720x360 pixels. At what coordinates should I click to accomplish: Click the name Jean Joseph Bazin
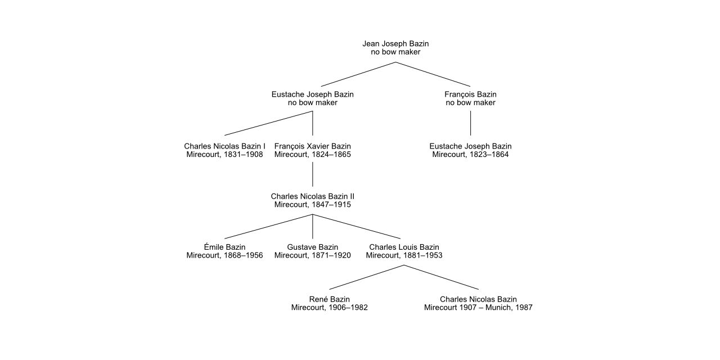[x=395, y=43]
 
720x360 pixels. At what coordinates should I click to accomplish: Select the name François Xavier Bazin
[x=312, y=146]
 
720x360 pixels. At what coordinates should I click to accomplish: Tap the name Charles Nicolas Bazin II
[x=312, y=196]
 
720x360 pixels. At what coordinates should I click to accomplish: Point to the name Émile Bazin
[x=224, y=247]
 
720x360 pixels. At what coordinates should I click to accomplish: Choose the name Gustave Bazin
[x=312, y=247]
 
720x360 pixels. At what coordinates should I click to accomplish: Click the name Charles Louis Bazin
[x=404, y=247]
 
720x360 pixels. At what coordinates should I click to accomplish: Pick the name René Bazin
[x=330, y=299]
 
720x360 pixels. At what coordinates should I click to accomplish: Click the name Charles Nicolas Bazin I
[x=224, y=146]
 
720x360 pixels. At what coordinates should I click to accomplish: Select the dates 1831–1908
[x=244, y=155]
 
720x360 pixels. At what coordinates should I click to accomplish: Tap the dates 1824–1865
[x=331, y=155]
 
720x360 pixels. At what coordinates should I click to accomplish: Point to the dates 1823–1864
[x=489, y=155]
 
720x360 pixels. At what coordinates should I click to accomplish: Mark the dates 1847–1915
[x=331, y=205]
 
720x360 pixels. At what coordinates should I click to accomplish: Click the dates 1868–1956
[x=244, y=255]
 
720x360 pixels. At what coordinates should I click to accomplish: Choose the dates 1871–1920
[x=331, y=255]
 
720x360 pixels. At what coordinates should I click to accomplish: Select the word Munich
[x=498, y=308]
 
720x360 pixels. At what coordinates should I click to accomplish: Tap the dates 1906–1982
[x=348, y=308]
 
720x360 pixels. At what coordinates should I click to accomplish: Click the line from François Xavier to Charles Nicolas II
[x=312, y=174]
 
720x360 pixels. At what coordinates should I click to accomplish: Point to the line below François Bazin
[x=471, y=123]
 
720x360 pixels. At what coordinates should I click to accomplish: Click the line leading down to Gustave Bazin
[x=312, y=227]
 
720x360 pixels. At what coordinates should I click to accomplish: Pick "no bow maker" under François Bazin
[x=471, y=103]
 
